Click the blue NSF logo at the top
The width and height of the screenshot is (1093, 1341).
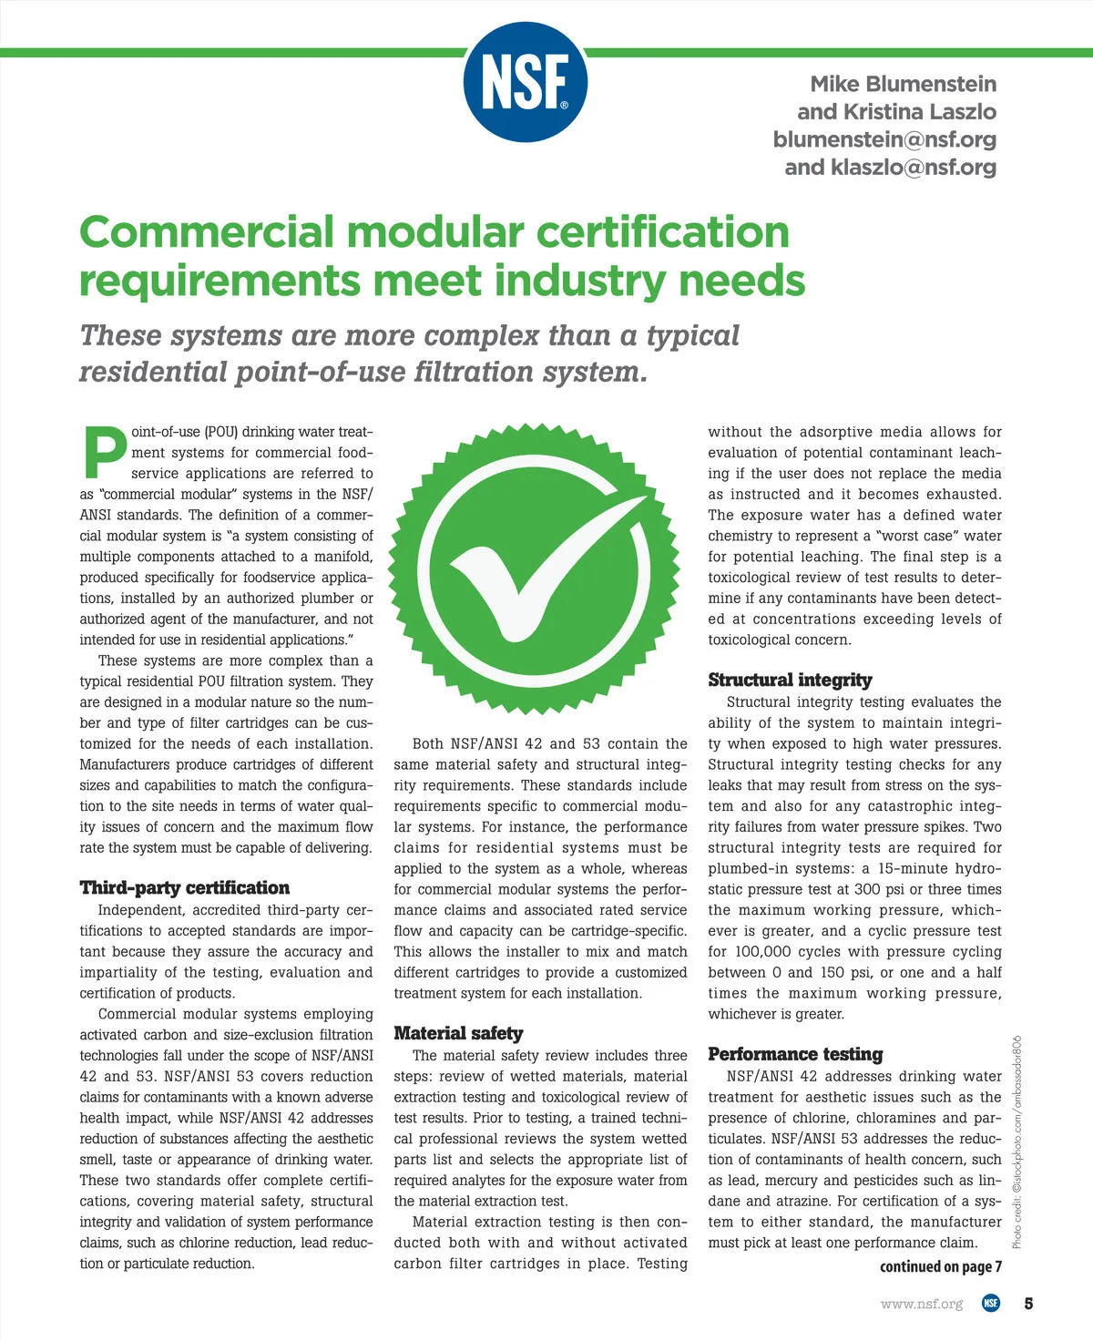pyautogui.click(x=525, y=81)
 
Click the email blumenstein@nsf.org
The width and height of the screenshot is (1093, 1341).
pyautogui.click(x=884, y=139)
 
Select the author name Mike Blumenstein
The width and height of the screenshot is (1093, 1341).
pyautogui.click(x=903, y=84)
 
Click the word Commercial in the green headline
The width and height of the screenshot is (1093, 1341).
pyautogui.click(x=206, y=232)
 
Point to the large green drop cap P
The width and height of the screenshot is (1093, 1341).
pyautogui.click(x=104, y=452)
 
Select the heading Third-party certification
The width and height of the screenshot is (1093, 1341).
pyautogui.click(x=184, y=888)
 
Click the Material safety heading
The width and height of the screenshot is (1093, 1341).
pyautogui.click(x=458, y=1033)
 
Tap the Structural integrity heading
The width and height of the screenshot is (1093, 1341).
pyautogui.click(x=790, y=680)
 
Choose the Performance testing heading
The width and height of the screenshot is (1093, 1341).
pyautogui.click(x=795, y=1054)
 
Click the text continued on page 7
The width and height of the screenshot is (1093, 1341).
pyautogui.click(x=940, y=1266)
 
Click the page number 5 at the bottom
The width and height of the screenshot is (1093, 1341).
pyautogui.click(x=1028, y=1304)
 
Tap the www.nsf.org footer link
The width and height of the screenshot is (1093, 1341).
pyautogui.click(x=921, y=1304)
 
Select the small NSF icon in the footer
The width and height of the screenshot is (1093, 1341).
pyautogui.click(x=990, y=1304)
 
